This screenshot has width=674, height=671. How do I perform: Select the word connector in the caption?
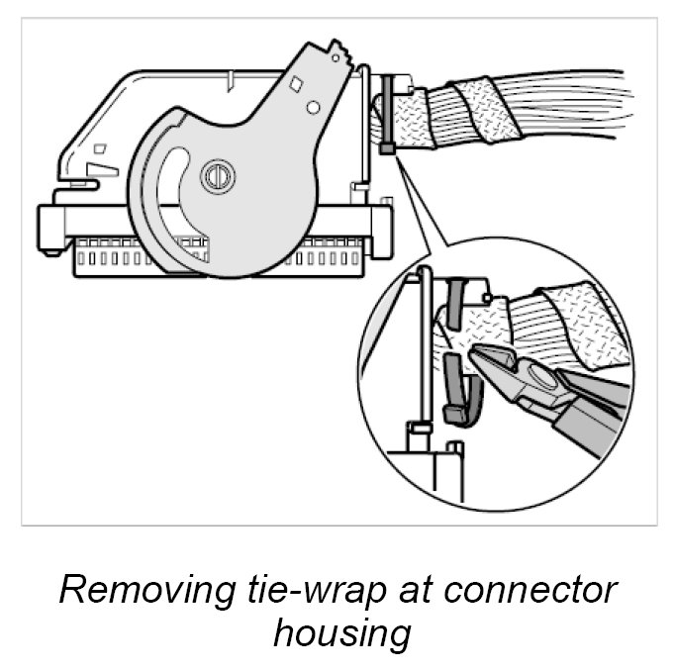point(531,591)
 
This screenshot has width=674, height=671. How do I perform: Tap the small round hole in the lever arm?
point(313,106)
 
